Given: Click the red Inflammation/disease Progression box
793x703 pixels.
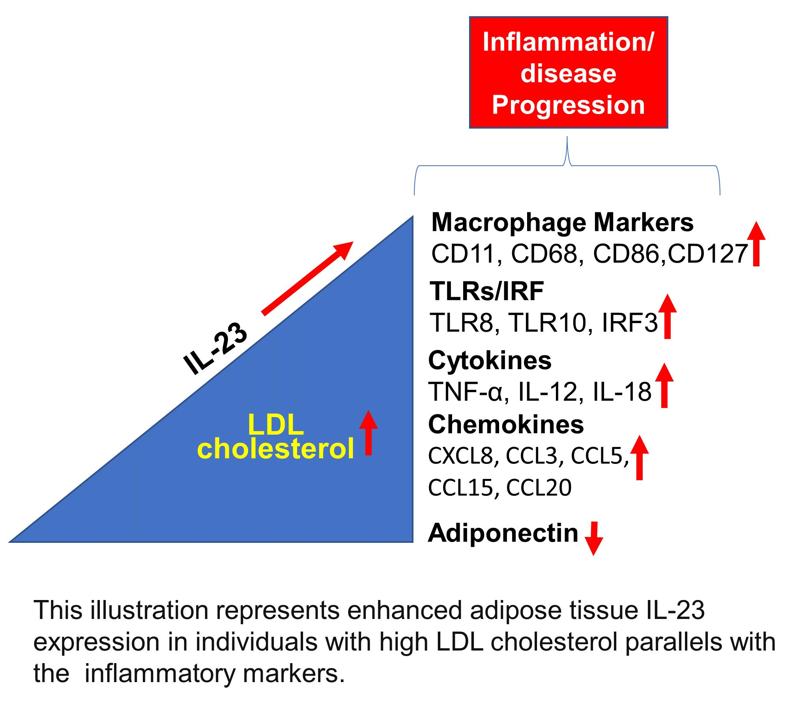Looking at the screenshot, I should point(568,73).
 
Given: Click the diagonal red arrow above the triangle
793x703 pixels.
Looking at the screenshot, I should point(308,278).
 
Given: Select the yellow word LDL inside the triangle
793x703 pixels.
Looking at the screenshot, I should point(276,426).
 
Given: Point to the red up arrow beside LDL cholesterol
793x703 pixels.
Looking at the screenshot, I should point(368,433).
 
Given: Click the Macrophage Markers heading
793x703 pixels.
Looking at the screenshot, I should point(562,223).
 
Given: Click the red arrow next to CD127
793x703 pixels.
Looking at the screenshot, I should point(756,244).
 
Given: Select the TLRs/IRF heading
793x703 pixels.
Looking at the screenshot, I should point(487,291).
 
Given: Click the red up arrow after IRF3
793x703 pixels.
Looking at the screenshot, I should point(668,316).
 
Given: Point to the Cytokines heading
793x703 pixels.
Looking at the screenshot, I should point(490,360).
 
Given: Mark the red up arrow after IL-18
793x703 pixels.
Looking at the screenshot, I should point(664,385).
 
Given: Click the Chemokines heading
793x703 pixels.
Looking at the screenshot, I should point(506,424).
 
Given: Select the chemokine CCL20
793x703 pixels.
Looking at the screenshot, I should point(539,488).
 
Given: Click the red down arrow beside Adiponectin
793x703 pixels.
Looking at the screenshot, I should point(593,539).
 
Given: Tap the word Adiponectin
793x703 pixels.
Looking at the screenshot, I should point(503,533).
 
